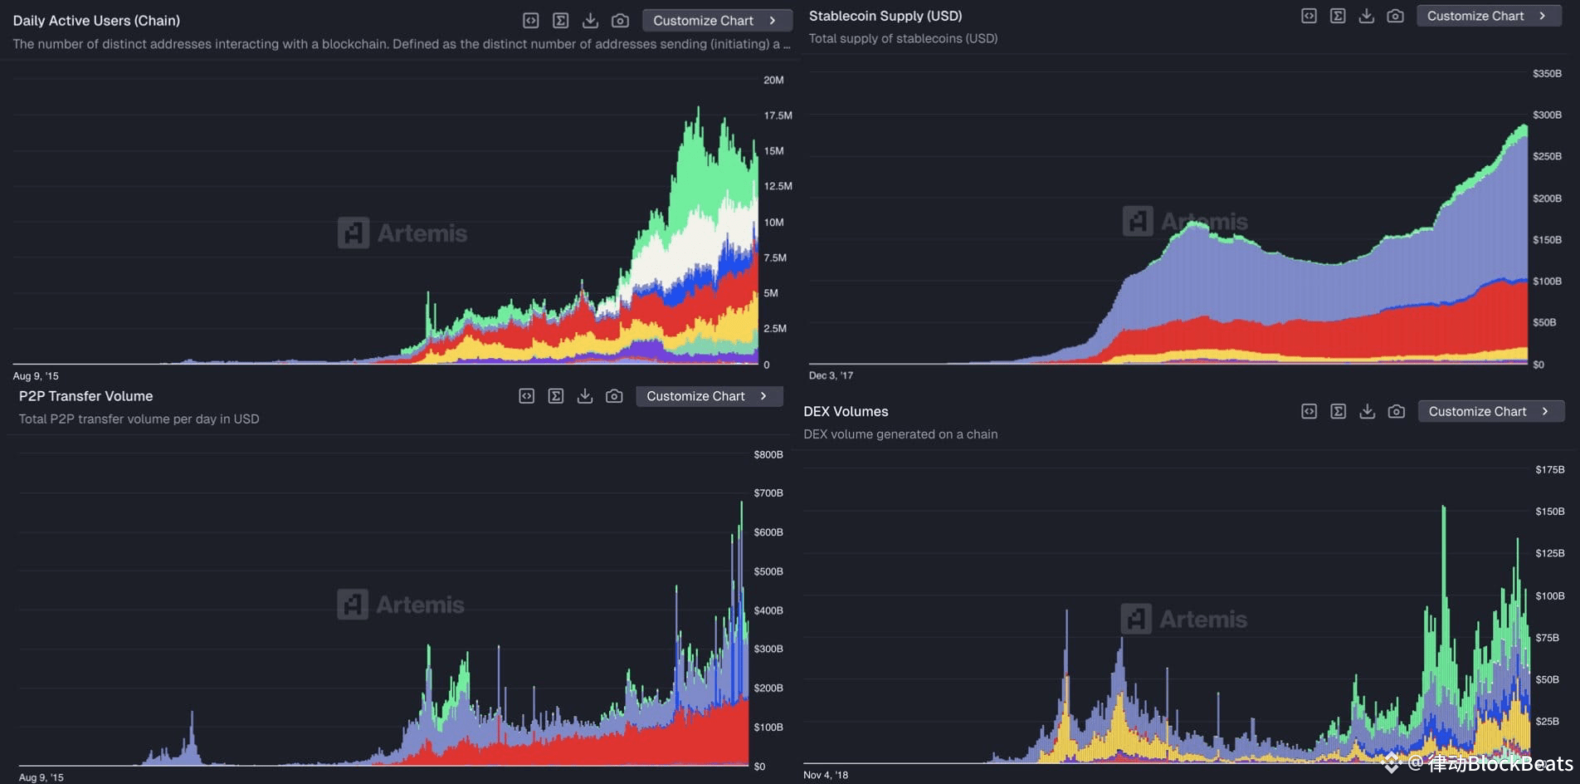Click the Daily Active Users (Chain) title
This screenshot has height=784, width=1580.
[96, 21]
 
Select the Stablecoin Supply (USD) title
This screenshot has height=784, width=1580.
[885, 16]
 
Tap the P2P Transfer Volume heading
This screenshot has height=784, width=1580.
[85, 396]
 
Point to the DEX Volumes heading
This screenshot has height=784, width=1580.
[846, 411]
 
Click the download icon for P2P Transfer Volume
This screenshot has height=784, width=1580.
[585, 396]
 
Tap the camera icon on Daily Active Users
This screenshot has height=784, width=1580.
[620, 21]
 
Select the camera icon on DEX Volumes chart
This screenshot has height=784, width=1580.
[1397, 411]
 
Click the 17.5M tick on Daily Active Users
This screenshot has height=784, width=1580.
[778, 115]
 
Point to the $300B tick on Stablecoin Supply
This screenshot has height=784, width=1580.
[1547, 115]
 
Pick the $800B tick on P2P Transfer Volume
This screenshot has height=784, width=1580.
[768, 454]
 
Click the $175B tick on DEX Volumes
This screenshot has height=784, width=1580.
[1549, 469]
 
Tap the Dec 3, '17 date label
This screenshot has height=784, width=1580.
[831, 375]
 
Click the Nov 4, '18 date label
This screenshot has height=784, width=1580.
[826, 775]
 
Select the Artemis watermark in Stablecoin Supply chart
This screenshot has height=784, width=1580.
[1185, 222]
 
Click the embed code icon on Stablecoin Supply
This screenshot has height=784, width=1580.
[1309, 16]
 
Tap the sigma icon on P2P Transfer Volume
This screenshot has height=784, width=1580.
[556, 396]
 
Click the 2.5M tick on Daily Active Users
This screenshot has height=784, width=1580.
[774, 328]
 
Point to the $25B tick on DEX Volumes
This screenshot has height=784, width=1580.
[1547, 721]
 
